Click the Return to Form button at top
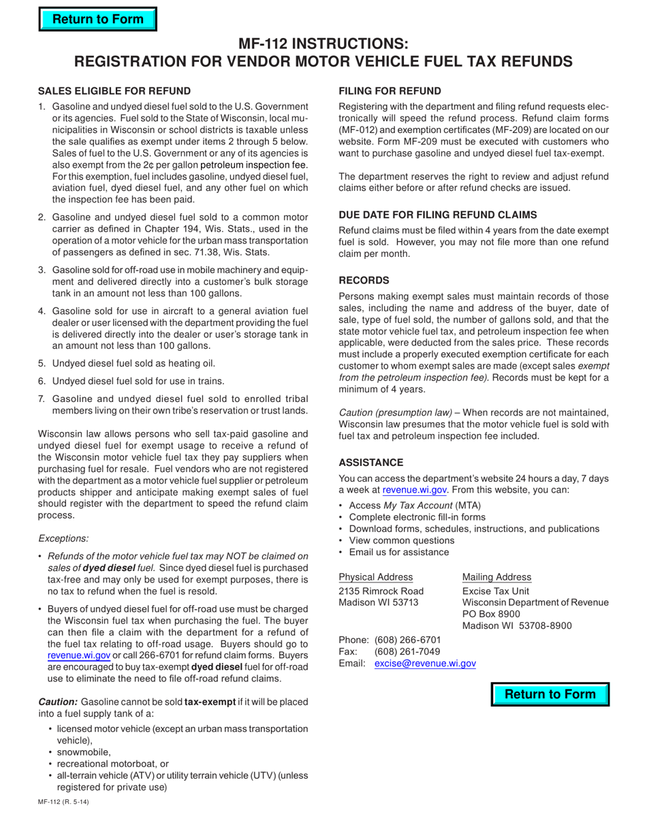pyautogui.click(x=97, y=19)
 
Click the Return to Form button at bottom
pyautogui.click(x=550, y=694)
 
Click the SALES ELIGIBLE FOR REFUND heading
pyautogui.click(x=114, y=91)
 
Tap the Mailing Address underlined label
pyautogui.click(x=497, y=576)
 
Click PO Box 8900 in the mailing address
pyautogui.click(x=491, y=614)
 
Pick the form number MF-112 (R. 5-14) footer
pyautogui.click(x=63, y=801)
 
